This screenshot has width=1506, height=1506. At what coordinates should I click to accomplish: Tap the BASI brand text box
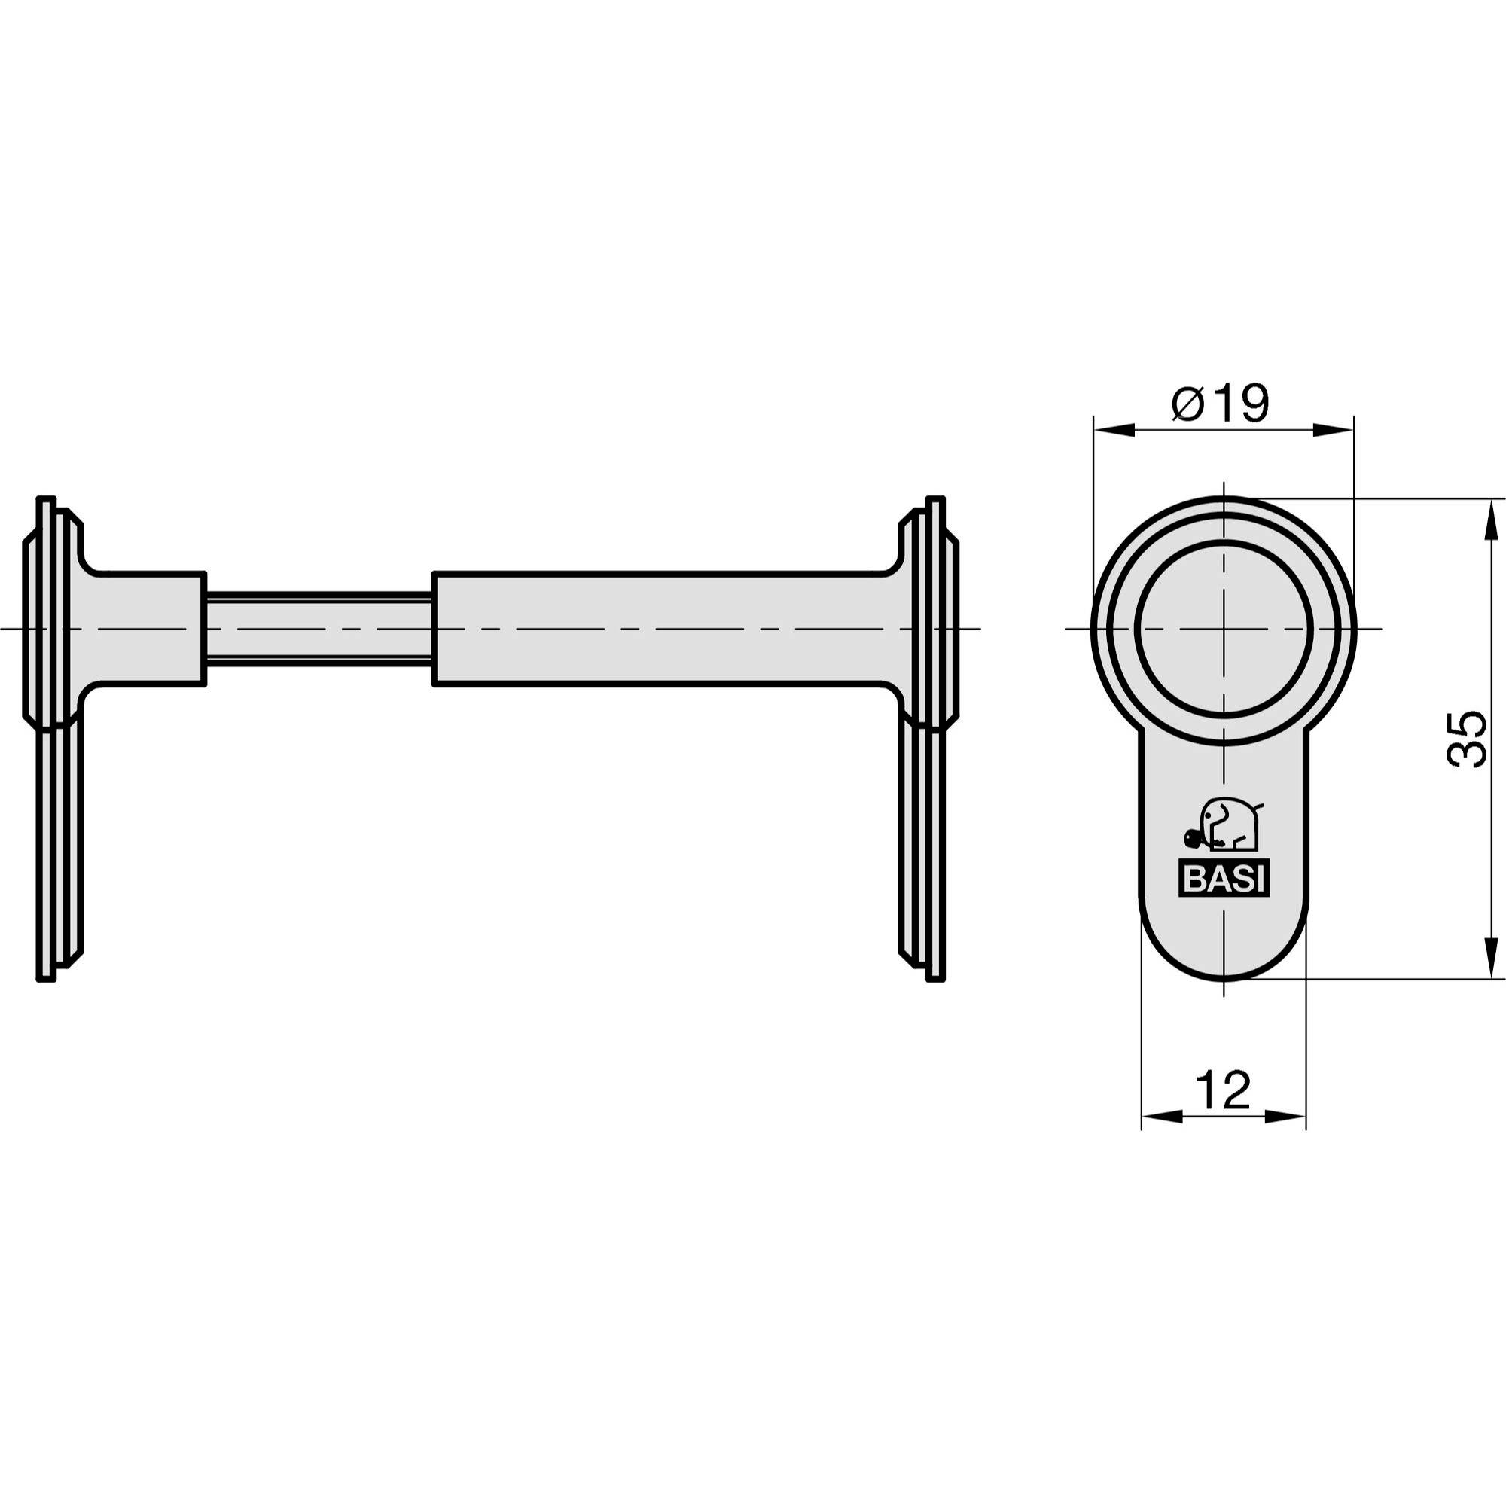click(x=1223, y=880)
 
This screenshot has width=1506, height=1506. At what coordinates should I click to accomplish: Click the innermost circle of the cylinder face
click(x=1224, y=628)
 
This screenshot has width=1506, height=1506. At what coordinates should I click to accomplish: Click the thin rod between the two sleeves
click(x=319, y=628)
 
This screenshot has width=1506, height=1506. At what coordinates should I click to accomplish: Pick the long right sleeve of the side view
click(x=663, y=628)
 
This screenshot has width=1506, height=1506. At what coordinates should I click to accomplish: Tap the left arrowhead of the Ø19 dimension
click(x=1113, y=429)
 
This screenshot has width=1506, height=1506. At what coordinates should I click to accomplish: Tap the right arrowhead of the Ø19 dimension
click(x=1334, y=429)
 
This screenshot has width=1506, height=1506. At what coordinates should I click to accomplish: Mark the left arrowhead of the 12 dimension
click(x=1161, y=1117)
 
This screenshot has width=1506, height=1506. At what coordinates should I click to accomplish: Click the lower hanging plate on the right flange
click(x=923, y=849)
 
